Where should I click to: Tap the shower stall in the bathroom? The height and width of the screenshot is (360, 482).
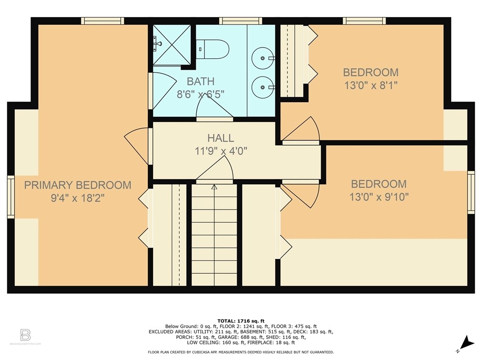click(x=172, y=45)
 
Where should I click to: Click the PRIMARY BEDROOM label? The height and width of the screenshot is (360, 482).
click(x=78, y=185)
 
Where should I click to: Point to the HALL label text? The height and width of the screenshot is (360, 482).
click(x=221, y=138)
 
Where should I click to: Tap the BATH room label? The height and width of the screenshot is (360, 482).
click(x=201, y=81)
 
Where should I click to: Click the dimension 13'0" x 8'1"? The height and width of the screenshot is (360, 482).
click(x=371, y=85)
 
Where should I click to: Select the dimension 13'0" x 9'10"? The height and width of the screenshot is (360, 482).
click(x=379, y=197)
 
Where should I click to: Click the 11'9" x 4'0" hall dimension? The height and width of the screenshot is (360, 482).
click(x=221, y=151)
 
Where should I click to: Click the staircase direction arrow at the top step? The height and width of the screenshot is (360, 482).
click(x=214, y=187)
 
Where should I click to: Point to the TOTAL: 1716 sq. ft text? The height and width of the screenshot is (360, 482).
click(x=241, y=321)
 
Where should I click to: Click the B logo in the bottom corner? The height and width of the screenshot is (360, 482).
click(x=25, y=335)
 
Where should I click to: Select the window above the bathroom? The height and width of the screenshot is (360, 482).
click(x=241, y=21)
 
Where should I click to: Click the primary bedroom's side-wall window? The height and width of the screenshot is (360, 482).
click(x=11, y=197)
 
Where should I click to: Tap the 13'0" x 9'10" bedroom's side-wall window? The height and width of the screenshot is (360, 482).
click(x=471, y=192)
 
